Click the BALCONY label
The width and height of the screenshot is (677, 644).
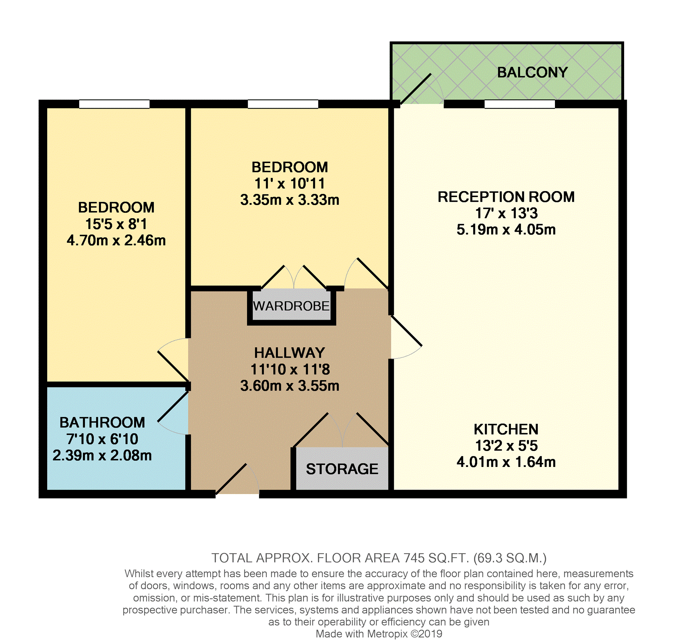click(x=532, y=72)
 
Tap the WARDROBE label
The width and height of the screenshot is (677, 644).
click(x=291, y=306)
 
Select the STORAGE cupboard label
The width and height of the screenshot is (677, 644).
click(x=342, y=469)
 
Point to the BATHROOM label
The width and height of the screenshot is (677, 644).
click(x=102, y=423)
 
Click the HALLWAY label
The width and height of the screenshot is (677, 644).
click(x=290, y=353)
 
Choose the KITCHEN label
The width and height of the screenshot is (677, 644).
click(x=506, y=430)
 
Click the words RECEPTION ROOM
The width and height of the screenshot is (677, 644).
click(x=506, y=197)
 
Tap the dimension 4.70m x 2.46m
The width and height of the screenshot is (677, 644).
click(x=116, y=240)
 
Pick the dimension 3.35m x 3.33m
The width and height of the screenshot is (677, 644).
click(x=290, y=200)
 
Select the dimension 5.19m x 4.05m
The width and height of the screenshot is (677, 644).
click(x=506, y=230)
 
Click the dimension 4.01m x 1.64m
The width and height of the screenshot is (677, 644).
click(x=506, y=462)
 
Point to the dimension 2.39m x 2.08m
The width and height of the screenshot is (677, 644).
click(x=102, y=455)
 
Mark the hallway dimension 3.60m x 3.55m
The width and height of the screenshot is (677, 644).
click(x=290, y=386)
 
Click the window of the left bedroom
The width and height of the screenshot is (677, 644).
click(x=114, y=104)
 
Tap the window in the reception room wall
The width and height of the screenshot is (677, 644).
click(x=519, y=104)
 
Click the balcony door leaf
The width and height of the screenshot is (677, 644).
click(x=416, y=89)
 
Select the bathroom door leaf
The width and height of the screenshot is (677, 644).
click(x=173, y=406)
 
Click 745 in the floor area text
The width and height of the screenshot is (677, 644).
click(x=415, y=558)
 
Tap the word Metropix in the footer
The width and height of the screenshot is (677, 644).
click(x=387, y=634)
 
